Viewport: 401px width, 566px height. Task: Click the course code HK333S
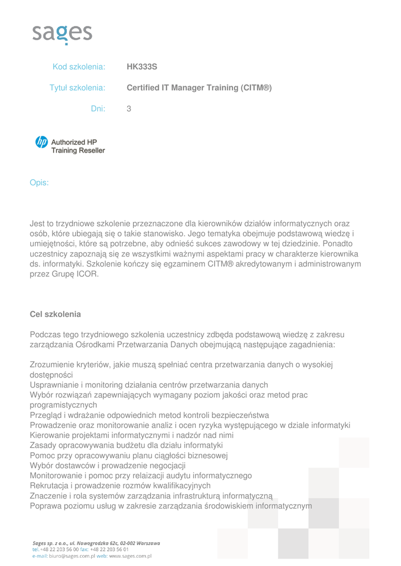coord(142,67)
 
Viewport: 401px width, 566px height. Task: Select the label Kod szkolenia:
coord(79,67)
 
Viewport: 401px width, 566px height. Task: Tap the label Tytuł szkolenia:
coord(77,88)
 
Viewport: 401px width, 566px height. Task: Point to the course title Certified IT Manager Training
coord(199,88)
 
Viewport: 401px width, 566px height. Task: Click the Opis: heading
coord(39,182)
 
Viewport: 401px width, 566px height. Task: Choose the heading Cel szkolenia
coord(55,314)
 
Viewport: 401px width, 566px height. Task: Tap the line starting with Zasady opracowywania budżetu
coord(126,445)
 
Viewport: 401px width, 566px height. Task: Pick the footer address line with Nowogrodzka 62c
coord(97,543)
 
